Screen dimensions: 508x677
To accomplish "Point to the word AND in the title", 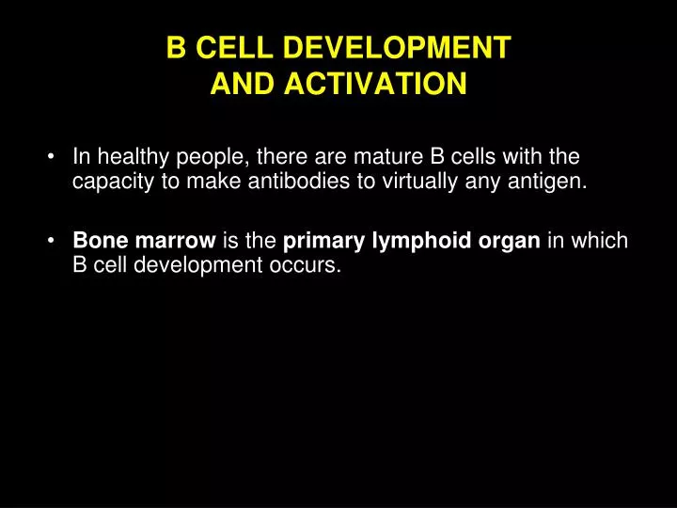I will [x=240, y=86].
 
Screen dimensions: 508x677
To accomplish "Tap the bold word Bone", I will [x=97, y=241].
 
